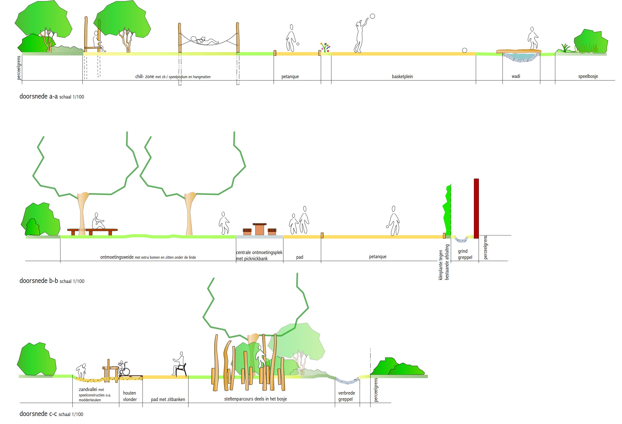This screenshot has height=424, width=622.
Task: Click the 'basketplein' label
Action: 402,77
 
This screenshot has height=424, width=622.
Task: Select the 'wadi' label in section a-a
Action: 516,76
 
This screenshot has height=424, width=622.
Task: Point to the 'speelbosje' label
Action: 588,76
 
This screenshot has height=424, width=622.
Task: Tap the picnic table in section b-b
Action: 259,229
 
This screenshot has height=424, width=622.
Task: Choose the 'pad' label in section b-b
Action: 299,257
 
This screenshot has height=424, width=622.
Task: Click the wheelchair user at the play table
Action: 124,368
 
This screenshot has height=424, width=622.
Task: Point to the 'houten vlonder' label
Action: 130,396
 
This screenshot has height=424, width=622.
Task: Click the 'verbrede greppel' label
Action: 346,396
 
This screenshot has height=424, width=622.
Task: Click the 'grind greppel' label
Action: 465,254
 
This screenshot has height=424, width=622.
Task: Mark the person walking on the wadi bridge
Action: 533,38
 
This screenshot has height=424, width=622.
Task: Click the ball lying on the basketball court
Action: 465,50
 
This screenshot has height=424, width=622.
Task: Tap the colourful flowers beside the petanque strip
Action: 325,47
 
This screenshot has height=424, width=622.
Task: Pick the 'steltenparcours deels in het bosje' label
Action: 255,399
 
